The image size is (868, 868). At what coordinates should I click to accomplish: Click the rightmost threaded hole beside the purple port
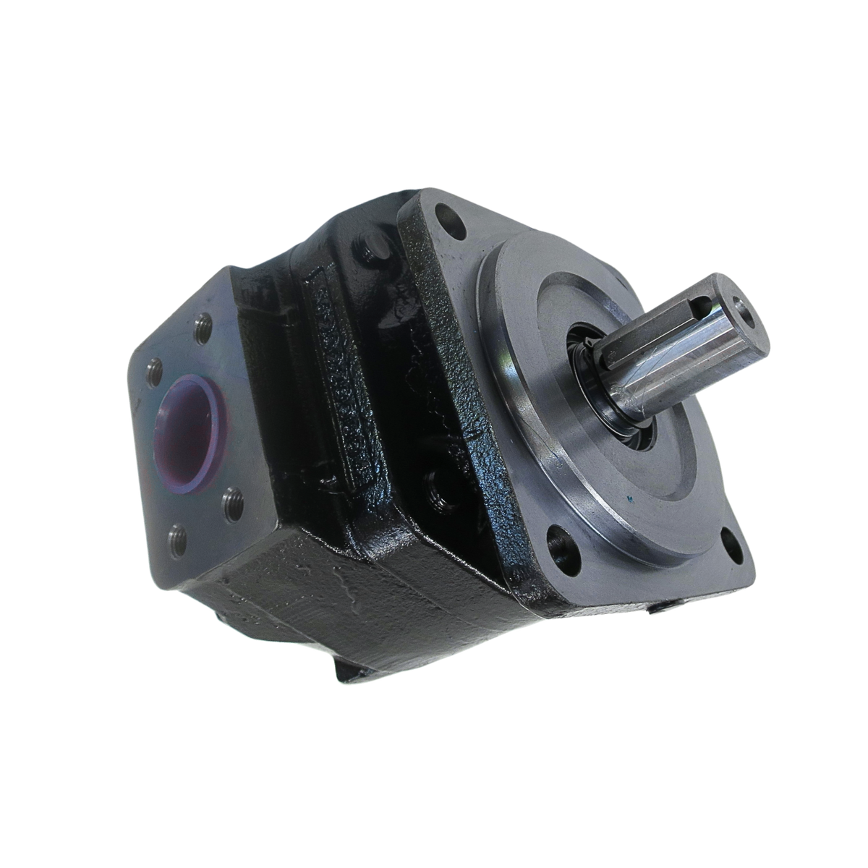231,498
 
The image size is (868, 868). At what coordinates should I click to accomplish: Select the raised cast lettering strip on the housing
334,376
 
